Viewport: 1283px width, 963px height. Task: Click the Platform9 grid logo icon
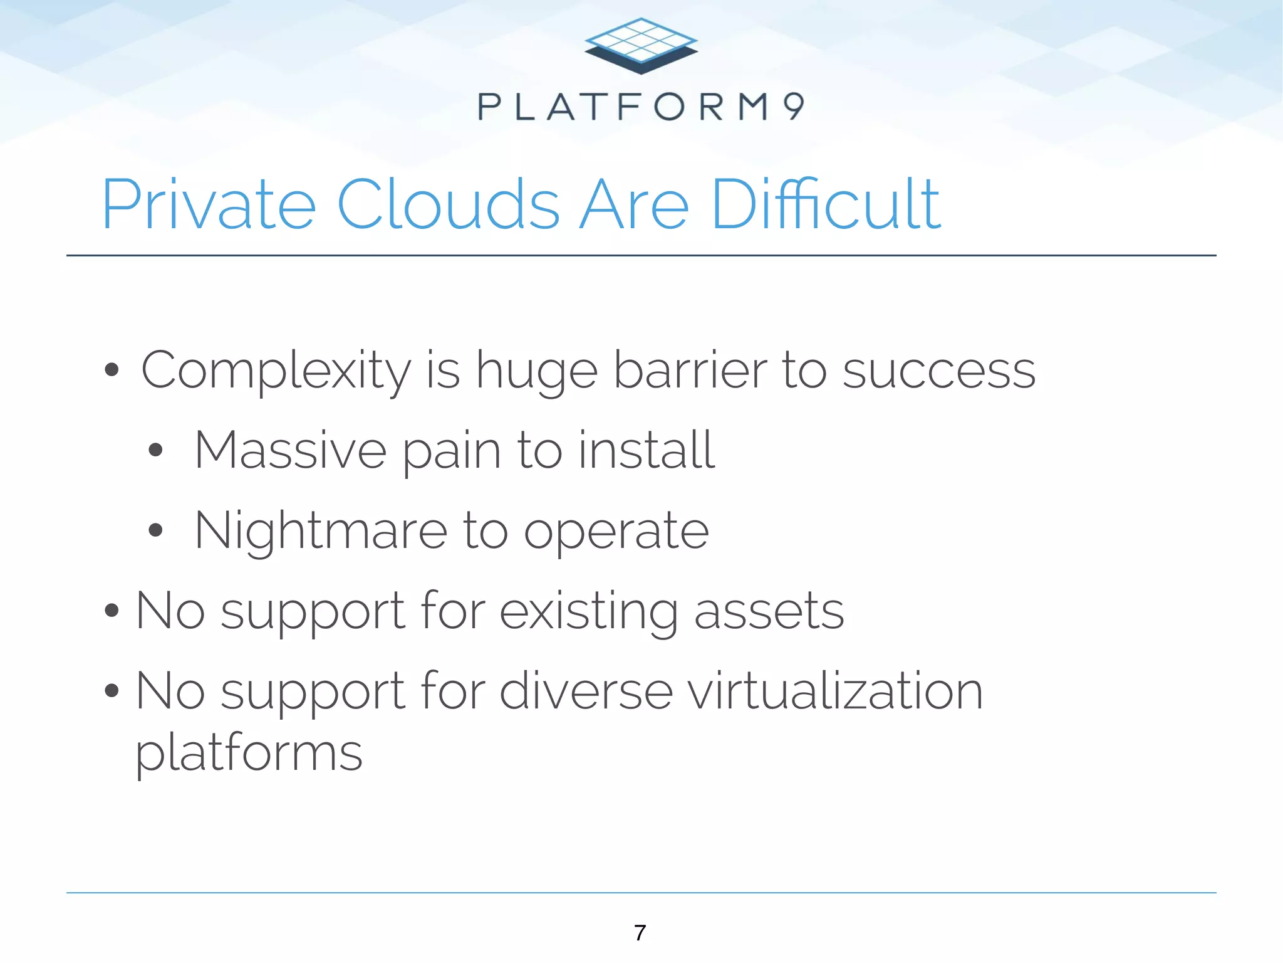(x=641, y=46)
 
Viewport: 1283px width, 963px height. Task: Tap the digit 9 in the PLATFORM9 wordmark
(x=794, y=107)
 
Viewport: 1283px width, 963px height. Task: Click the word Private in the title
(x=209, y=204)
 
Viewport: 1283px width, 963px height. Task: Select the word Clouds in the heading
(x=449, y=204)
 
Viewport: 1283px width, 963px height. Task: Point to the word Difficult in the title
(x=826, y=204)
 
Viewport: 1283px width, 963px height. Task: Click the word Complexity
(x=276, y=371)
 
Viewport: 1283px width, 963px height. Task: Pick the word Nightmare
(x=320, y=532)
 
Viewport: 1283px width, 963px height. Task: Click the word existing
(x=589, y=612)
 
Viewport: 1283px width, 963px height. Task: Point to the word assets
(x=769, y=612)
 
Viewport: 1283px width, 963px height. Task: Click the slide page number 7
(x=640, y=933)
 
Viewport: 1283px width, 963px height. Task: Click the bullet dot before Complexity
(x=112, y=371)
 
